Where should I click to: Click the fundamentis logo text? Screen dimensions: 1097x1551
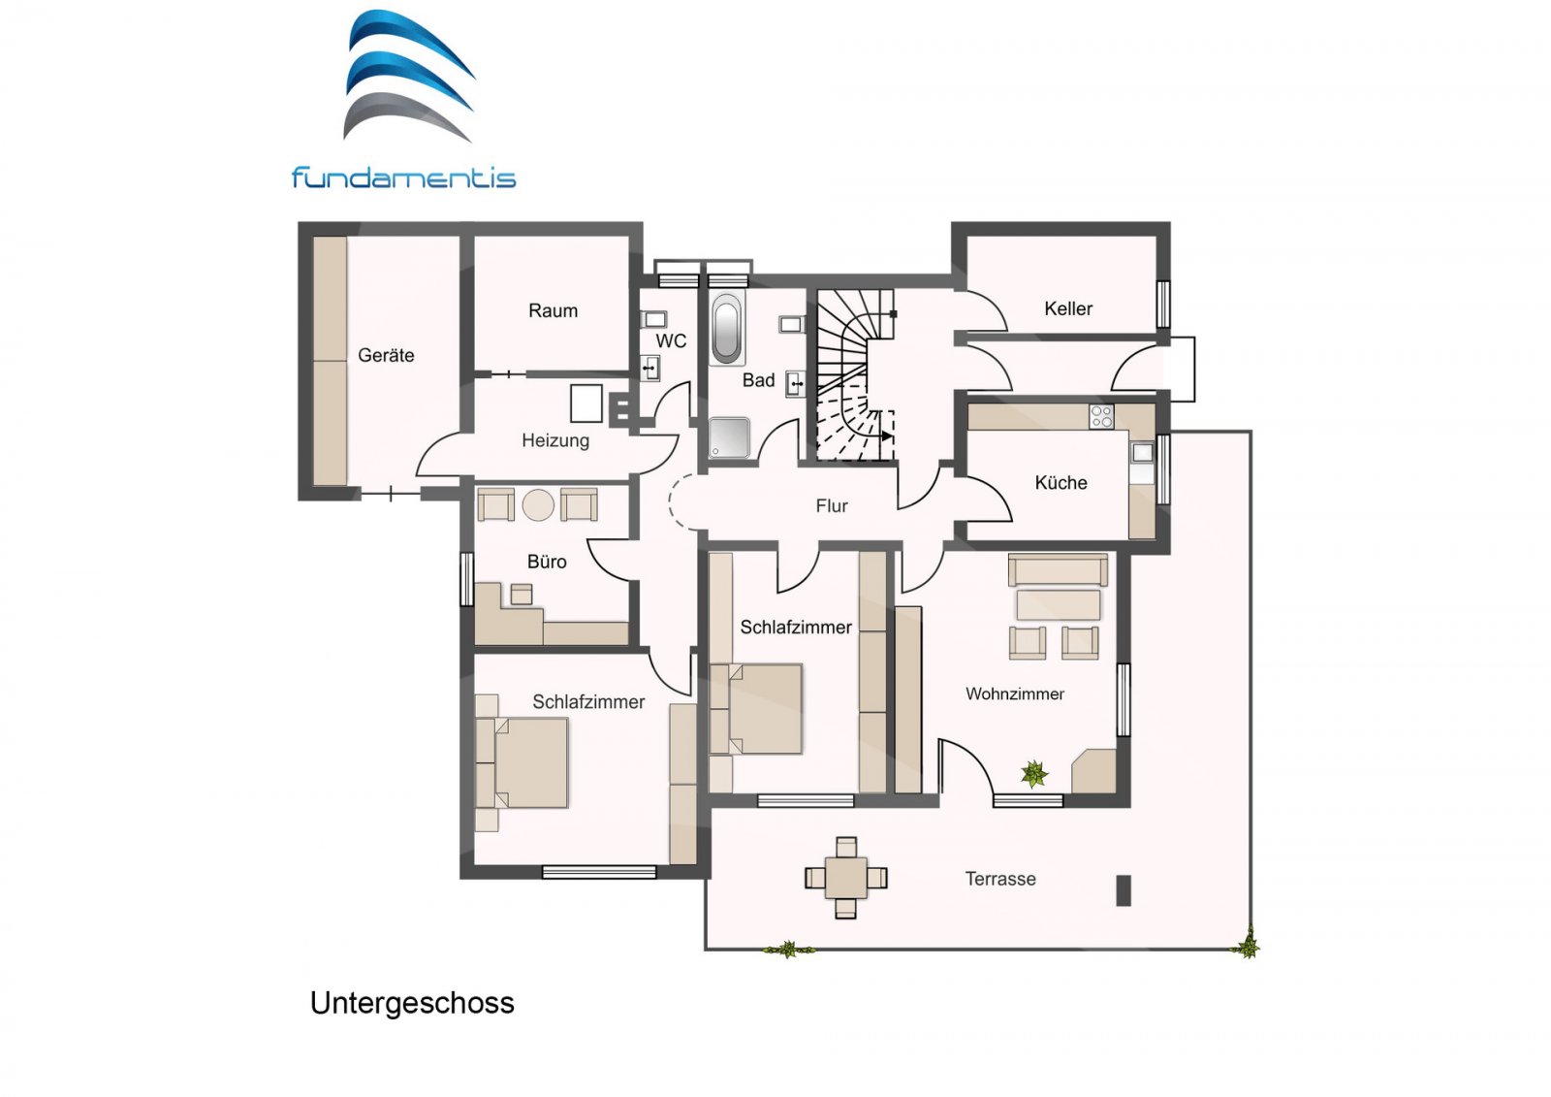click(403, 178)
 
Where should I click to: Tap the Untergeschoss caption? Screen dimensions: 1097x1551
click(412, 1003)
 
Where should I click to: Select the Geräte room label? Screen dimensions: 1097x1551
click(386, 355)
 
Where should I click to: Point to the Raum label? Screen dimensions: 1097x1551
click(553, 310)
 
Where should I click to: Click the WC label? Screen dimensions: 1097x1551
click(671, 340)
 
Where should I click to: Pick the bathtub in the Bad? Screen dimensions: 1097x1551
click(726, 329)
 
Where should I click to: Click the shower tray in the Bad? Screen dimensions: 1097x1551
click(729, 437)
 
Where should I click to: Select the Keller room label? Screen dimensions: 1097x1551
click(1068, 308)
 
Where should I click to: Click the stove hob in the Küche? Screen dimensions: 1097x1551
click(1101, 417)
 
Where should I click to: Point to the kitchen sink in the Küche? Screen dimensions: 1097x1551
click(1142, 452)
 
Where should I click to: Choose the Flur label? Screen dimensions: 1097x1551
click(832, 505)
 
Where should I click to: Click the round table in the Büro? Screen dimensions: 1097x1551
click(538, 505)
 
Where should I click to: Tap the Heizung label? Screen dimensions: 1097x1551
click(555, 440)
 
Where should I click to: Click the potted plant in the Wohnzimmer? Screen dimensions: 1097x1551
click(1034, 774)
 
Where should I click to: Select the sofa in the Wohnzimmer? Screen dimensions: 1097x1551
click(1058, 569)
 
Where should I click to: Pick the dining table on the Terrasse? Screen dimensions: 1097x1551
click(846, 878)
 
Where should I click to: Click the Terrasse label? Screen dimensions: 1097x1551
click(1000, 879)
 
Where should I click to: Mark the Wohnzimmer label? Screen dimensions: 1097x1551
click(1015, 694)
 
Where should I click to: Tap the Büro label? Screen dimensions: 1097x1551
click(547, 562)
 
